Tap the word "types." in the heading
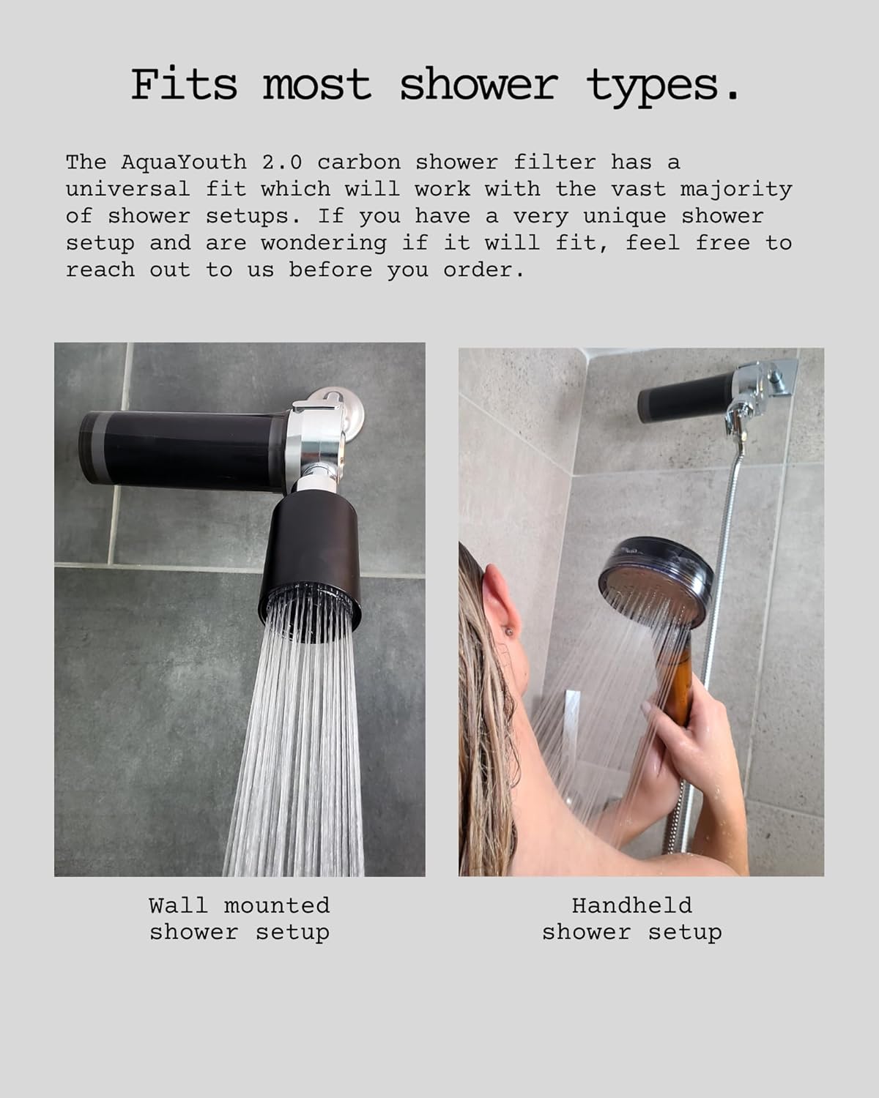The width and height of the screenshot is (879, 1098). tap(664, 86)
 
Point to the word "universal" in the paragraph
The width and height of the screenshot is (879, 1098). tap(127, 189)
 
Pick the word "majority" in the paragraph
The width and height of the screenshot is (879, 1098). tap(736, 189)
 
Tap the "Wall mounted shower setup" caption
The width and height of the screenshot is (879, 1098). tap(240, 919)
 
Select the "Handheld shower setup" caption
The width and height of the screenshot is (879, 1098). tap(631, 919)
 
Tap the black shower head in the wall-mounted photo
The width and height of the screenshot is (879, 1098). tap(311, 564)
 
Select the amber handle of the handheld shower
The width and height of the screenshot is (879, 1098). tap(678, 677)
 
